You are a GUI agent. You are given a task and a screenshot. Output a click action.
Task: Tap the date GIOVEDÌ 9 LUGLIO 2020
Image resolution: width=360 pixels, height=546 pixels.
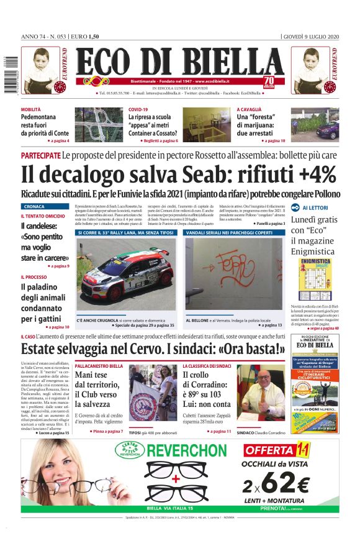pos(310,36)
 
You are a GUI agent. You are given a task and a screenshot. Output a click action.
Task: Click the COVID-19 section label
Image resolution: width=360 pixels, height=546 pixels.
pos(138,109)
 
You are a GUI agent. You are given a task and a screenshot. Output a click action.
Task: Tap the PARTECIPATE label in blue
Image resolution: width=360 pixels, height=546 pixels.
pos(40,153)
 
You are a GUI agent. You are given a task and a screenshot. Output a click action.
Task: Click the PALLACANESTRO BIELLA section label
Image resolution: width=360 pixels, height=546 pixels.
pos(99,366)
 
